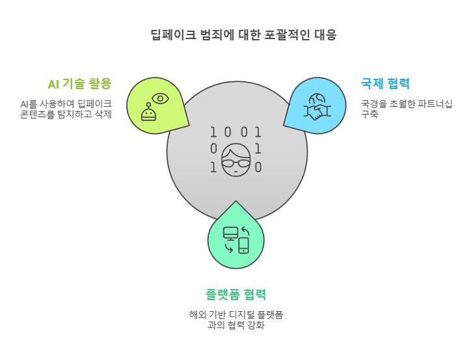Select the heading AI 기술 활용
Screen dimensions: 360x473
pos(79,83)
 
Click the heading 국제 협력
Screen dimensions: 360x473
pos(385,83)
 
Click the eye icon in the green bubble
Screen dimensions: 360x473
pos(160,99)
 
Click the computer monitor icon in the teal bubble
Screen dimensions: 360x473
pos(230,232)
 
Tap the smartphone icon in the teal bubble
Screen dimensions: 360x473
pos(243,245)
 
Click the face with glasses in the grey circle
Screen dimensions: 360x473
pos(236,159)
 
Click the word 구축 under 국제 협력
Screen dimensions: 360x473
pos(370,115)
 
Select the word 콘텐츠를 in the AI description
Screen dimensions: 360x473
pos(40,115)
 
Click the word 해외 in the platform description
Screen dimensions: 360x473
pos(196,314)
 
